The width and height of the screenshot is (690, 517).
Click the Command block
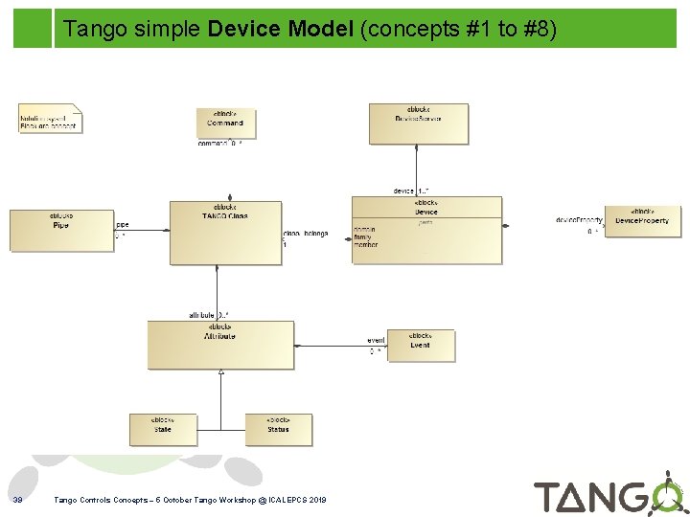(x=225, y=123)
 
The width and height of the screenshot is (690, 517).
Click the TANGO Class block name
(x=225, y=215)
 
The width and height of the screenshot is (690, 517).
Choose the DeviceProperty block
(x=641, y=221)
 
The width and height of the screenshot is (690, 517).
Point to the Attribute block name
(x=219, y=336)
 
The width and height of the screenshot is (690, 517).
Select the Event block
(x=420, y=345)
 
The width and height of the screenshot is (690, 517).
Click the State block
(x=163, y=429)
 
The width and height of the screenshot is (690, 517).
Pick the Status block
(x=278, y=429)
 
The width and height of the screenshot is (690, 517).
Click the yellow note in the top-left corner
(x=50, y=119)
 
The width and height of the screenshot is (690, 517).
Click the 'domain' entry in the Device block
(x=365, y=230)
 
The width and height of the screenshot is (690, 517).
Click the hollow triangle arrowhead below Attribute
(x=220, y=371)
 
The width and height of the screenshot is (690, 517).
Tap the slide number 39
(x=17, y=500)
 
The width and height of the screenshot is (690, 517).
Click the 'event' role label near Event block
(x=376, y=341)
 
